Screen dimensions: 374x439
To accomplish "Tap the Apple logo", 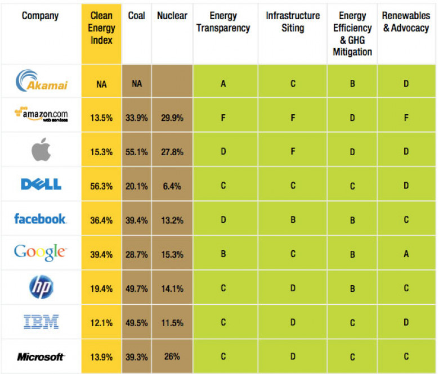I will click(x=41, y=150).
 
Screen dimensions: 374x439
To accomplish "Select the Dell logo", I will click(x=41, y=184).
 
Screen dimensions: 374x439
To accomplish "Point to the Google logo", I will click(x=41, y=253).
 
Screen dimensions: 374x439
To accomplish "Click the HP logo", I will click(x=41, y=287).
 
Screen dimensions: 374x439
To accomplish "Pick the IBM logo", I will click(x=41, y=322).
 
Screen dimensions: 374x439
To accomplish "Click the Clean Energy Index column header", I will click(x=101, y=28).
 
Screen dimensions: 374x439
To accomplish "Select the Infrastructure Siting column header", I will click(x=293, y=21).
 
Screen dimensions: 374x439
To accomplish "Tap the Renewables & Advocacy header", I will click(x=406, y=21).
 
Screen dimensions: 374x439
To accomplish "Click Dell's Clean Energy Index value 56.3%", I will click(x=101, y=185).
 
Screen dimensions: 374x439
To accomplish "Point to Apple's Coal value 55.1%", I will click(x=137, y=151).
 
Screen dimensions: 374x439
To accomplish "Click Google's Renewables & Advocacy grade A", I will click(x=406, y=254).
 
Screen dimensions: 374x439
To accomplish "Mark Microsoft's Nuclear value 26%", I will click(x=172, y=357).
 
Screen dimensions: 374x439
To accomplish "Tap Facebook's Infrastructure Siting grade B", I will click(x=293, y=219).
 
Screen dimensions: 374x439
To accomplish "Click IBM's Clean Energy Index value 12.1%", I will click(x=101, y=322).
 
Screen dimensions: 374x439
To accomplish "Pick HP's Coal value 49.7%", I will click(x=137, y=288).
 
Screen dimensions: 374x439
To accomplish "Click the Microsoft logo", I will click(x=41, y=357).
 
